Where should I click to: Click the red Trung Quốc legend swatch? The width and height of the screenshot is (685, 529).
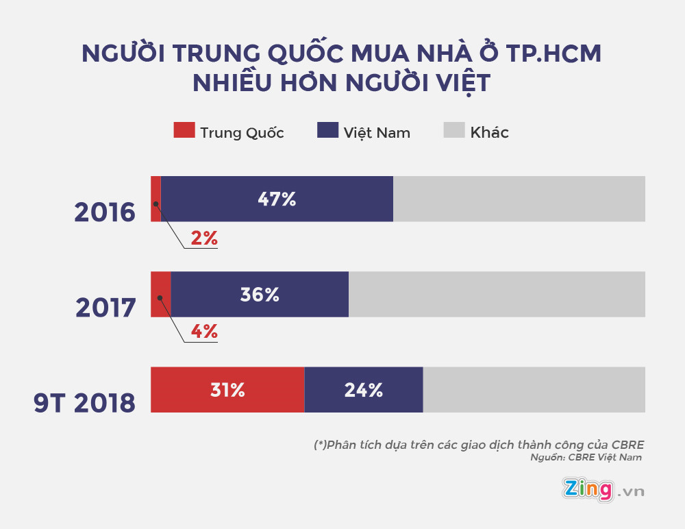pos(184,130)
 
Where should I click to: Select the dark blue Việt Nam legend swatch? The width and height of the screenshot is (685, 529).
pos(328,130)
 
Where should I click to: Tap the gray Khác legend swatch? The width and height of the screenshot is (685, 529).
pos(455,130)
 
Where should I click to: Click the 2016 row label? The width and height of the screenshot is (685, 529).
pos(105,212)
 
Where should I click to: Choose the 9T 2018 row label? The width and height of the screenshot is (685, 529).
pos(85,403)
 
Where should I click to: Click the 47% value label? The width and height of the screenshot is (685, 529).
pos(277,199)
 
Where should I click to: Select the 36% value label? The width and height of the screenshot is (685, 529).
pos(260,295)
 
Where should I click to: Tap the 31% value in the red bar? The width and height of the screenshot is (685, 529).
pos(227,390)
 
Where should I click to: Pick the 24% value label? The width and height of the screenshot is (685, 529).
pos(364,390)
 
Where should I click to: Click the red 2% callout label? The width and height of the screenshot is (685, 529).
pos(204,238)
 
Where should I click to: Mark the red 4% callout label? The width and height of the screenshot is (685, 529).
pos(204,332)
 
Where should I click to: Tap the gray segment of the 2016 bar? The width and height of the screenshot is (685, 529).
pos(519,199)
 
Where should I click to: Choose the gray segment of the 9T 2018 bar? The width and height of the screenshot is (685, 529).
pos(534,390)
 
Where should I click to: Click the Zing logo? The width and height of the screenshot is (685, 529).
pos(587,489)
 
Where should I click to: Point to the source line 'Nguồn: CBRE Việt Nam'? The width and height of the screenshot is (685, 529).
pos(586,458)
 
